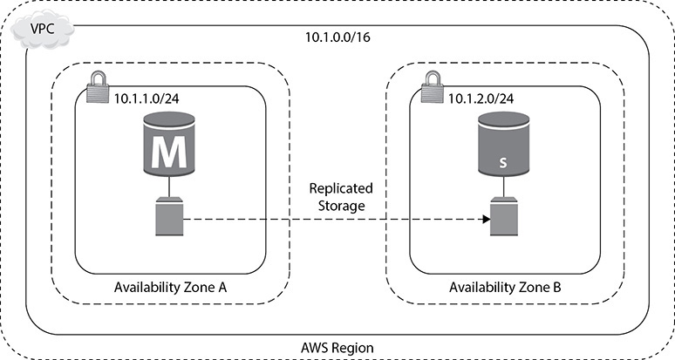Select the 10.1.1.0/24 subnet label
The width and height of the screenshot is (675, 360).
coord(147,98)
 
